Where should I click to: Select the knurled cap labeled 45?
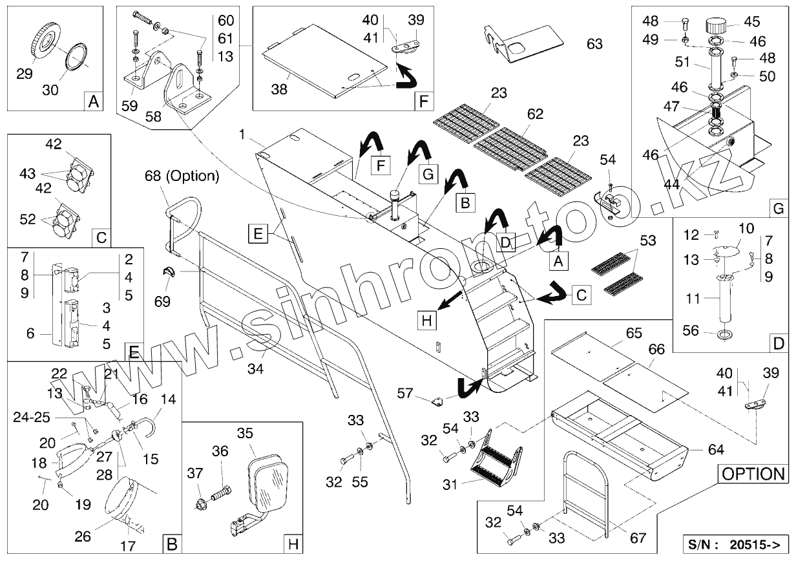coord(715,26)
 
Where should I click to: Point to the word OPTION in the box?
coord(753,473)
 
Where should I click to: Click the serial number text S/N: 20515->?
coord(735,544)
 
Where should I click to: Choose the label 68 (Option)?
coord(182,176)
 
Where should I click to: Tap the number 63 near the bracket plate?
coord(594,44)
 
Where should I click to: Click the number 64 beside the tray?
coord(715,449)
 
